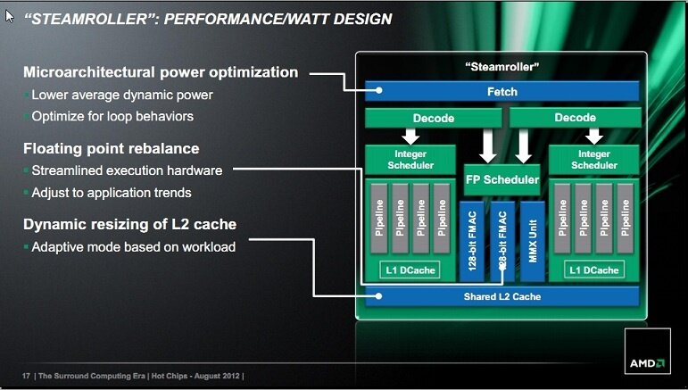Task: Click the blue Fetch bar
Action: point(501,91)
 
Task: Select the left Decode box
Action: point(434,118)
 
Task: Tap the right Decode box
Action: point(575,118)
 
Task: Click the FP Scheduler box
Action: point(502,179)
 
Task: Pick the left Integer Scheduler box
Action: point(410,160)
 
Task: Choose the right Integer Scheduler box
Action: point(594,160)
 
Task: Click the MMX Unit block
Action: point(533,239)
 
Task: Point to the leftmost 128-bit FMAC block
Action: point(472,239)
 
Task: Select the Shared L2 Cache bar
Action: point(501,296)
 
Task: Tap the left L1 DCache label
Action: point(410,270)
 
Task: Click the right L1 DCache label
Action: point(594,270)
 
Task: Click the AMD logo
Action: point(646,362)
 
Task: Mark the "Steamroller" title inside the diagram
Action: point(502,66)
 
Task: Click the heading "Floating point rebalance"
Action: point(111,148)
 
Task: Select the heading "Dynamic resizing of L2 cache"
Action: point(129,224)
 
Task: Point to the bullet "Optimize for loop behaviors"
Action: point(112,116)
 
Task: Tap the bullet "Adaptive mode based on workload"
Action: point(133,245)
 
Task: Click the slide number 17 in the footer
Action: point(26,375)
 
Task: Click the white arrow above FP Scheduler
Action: point(488,145)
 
